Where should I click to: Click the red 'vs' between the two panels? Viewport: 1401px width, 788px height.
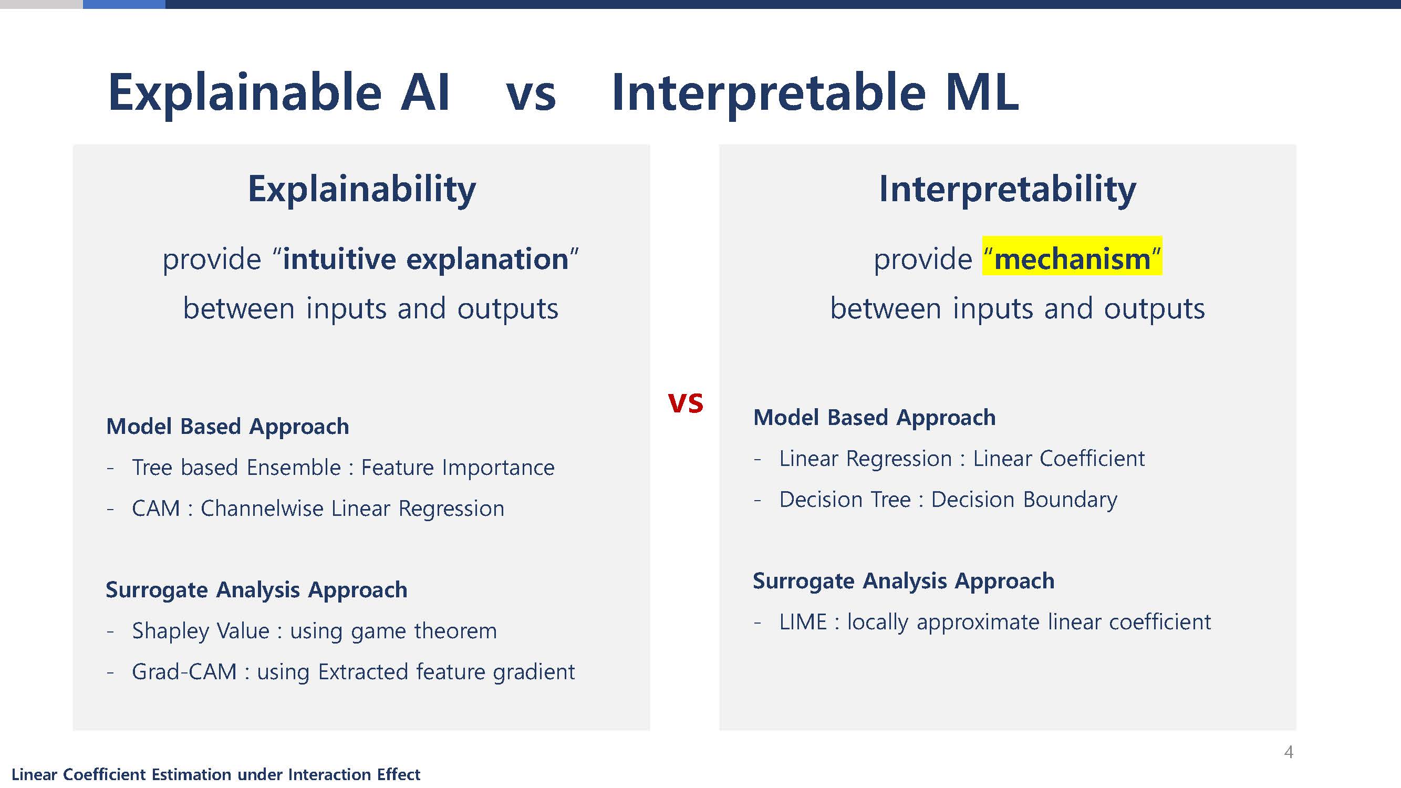coord(686,403)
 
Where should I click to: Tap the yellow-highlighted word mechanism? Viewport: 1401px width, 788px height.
coord(1072,258)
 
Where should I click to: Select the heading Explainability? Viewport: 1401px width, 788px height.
coord(361,189)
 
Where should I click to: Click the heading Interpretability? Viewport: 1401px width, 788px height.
coord(1007,189)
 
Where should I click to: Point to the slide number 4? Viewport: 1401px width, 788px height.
coord(1289,752)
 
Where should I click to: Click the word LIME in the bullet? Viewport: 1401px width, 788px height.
coord(803,621)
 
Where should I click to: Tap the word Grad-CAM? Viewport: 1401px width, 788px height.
coord(184,671)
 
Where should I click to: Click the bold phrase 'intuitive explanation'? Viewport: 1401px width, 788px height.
coord(426,259)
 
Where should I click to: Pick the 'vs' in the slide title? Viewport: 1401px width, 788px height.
coord(531,96)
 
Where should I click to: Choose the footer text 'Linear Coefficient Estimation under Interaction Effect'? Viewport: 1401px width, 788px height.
coord(216,774)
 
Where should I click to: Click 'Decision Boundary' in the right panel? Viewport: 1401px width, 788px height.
coord(1024,500)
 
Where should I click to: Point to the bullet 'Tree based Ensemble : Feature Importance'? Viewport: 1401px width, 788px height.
coord(343,467)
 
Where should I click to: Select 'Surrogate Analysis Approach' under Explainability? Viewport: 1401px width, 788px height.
coord(256,590)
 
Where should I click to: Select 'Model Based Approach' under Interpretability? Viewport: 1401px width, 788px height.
coord(875,418)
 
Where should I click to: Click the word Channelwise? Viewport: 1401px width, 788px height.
coord(262,509)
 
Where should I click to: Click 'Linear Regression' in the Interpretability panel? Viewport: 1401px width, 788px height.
coord(865,459)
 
